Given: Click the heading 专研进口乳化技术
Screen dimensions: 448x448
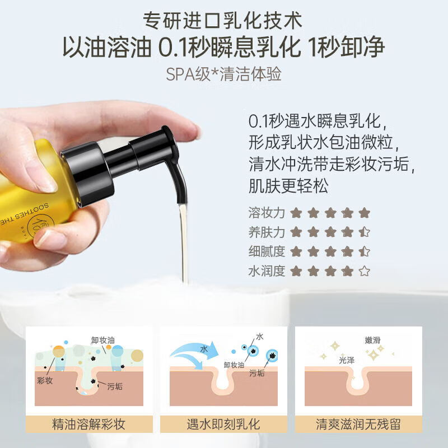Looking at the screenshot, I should coord(223,21).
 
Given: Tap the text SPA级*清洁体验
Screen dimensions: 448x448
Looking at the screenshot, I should coord(223,74).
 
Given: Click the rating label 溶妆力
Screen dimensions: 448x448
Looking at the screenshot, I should coord(267,213).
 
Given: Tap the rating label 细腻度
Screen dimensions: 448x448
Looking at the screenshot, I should coord(267,252).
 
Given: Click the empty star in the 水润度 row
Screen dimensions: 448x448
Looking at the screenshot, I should coord(364,272).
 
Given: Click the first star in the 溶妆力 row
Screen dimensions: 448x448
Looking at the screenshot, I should coord(296,213).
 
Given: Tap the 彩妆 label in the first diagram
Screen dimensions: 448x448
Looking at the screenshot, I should coord(46,380).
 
